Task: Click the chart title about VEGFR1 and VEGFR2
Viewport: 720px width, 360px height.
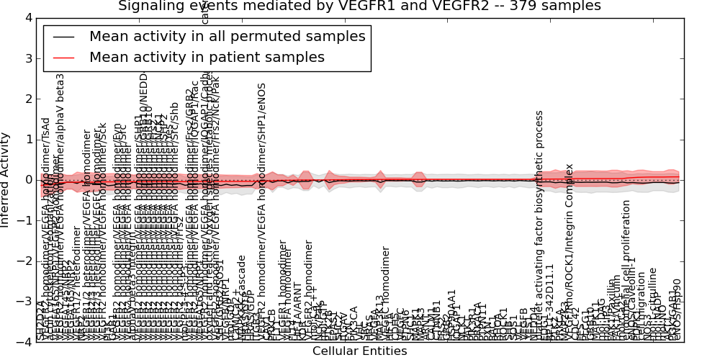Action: [x=359, y=6]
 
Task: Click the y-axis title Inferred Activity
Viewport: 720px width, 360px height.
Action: [x=6, y=179]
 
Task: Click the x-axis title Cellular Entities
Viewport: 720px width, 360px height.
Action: [x=359, y=351]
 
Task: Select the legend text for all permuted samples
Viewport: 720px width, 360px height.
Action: [x=227, y=36]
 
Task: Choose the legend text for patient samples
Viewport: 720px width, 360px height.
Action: [x=207, y=57]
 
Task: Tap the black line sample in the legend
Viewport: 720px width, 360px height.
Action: [x=63, y=36]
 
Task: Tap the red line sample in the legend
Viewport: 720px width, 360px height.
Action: [x=63, y=57]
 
